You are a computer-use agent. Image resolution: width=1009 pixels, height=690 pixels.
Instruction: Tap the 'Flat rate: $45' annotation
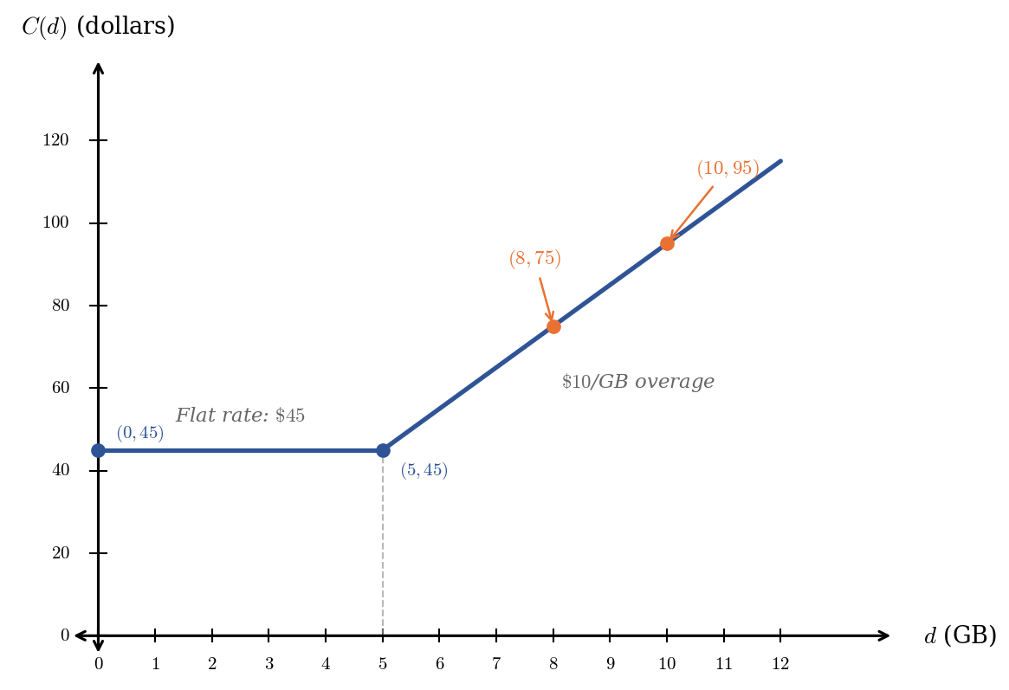coord(240,416)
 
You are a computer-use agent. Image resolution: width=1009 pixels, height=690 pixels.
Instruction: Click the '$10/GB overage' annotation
coord(637,382)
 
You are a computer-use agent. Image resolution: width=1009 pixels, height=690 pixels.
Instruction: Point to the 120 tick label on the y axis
coord(55,140)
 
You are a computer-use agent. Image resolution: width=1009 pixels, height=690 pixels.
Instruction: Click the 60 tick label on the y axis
coord(60,388)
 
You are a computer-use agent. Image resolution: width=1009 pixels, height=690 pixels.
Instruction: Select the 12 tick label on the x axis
coord(780,664)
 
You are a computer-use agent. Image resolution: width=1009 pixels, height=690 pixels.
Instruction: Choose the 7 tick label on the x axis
coord(496,664)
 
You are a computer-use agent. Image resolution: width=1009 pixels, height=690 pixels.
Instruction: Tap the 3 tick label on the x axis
coord(268,664)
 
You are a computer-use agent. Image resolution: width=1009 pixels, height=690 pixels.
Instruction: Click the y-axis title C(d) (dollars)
coord(98,27)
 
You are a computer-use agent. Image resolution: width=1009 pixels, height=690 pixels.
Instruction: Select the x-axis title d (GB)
coord(960,636)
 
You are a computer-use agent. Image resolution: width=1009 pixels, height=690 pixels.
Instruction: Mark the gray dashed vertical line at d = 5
coord(383,545)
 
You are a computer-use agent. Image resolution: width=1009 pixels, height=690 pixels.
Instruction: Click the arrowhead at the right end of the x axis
coord(884,635)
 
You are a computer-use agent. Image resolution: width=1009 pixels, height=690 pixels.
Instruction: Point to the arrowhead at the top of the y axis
coord(99,69)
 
